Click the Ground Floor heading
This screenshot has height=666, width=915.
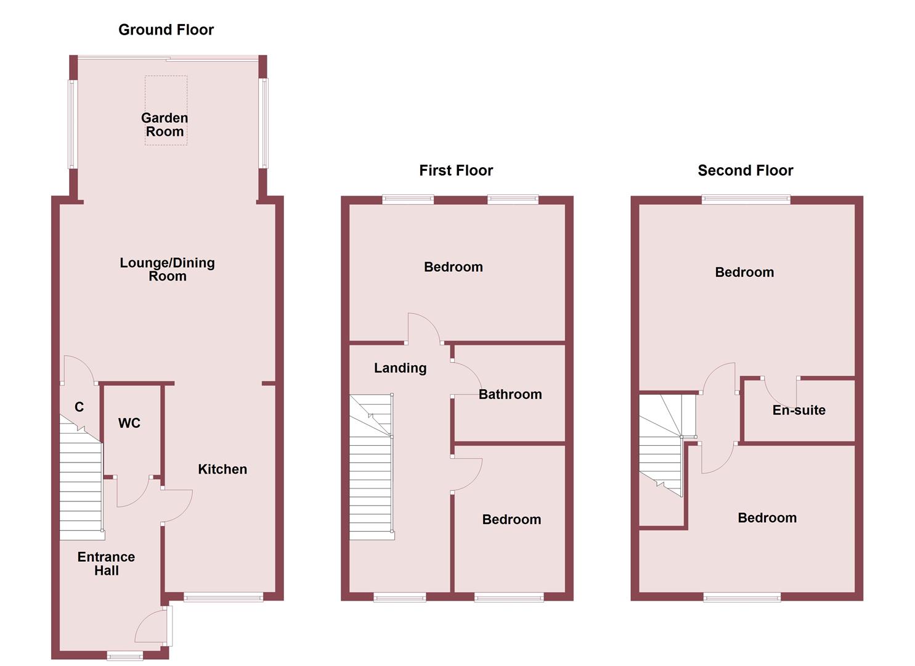[166, 30]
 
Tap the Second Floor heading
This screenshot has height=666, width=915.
[745, 170]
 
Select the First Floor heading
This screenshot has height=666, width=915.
[456, 170]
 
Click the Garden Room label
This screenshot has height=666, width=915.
[165, 125]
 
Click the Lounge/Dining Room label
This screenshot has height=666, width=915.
[167, 269]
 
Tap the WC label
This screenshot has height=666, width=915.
[129, 423]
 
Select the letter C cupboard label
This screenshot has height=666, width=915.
[79, 407]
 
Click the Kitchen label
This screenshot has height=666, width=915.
[222, 469]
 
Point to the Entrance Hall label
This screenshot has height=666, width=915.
[106, 564]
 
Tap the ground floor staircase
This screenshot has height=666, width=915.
[81, 487]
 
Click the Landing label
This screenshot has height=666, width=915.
[400, 368]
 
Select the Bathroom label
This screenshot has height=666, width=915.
[510, 395]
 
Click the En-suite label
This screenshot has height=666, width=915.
[799, 410]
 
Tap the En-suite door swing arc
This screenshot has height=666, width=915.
[778, 392]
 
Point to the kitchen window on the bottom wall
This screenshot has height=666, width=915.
[223, 596]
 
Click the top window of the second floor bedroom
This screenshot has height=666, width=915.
[746, 199]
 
